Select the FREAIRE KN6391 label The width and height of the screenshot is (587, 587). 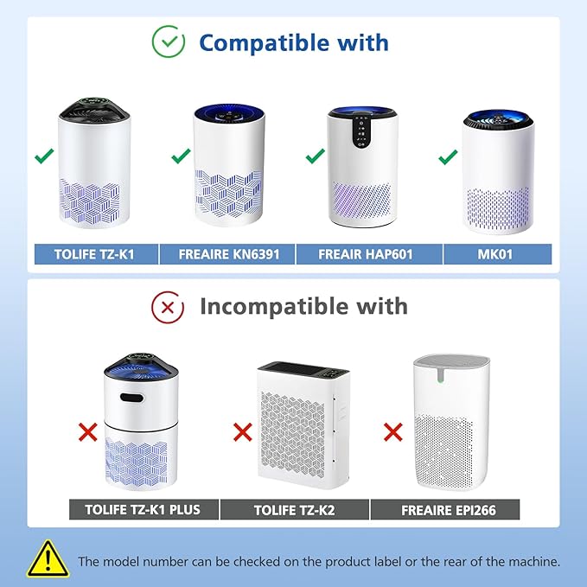tap(228, 255)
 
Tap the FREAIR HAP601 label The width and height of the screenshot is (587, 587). tap(367, 255)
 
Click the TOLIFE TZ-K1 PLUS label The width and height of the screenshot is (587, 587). tap(143, 509)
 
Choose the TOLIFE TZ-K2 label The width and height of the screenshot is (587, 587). tap(294, 509)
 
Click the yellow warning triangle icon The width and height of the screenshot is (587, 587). tap(48, 559)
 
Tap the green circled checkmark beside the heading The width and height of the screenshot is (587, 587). tap(168, 41)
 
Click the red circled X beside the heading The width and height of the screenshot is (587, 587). tap(168, 306)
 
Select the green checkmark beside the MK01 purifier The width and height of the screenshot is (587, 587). tap(448, 156)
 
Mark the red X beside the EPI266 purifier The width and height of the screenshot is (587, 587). tap(392, 430)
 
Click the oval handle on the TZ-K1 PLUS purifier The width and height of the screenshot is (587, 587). tap(132, 399)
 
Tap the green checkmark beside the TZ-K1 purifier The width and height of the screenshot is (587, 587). tap(43, 156)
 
